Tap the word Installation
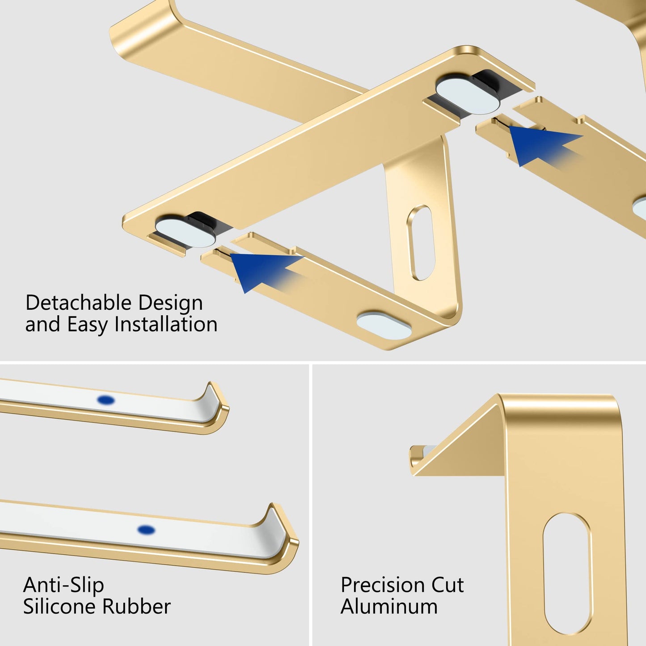tap(166, 324)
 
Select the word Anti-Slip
tap(63, 585)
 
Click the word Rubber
tap(136, 607)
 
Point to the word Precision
tap(377, 585)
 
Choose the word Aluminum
tap(389, 607)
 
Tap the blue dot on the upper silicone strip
tap(106, 400)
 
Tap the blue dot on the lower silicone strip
tap(146, 530)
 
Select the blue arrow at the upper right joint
tap(541, 144)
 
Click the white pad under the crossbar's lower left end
tap(186, 232)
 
